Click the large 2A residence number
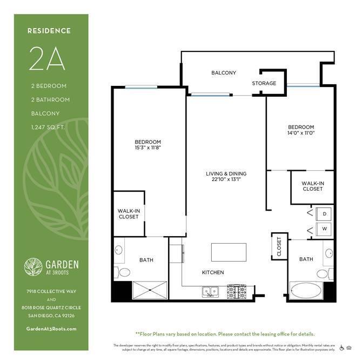[x=47, y=59]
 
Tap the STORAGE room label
[x=264, y=83]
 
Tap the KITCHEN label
[x=212, y=272]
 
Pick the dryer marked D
[x=324, y=214]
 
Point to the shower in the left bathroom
[x=150, y=290]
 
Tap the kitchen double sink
[x=211, y=292]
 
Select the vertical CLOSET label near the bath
[x=279, y=246]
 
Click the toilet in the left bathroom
[x=124, y=272]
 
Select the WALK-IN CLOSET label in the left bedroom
[x=128, y=213]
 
